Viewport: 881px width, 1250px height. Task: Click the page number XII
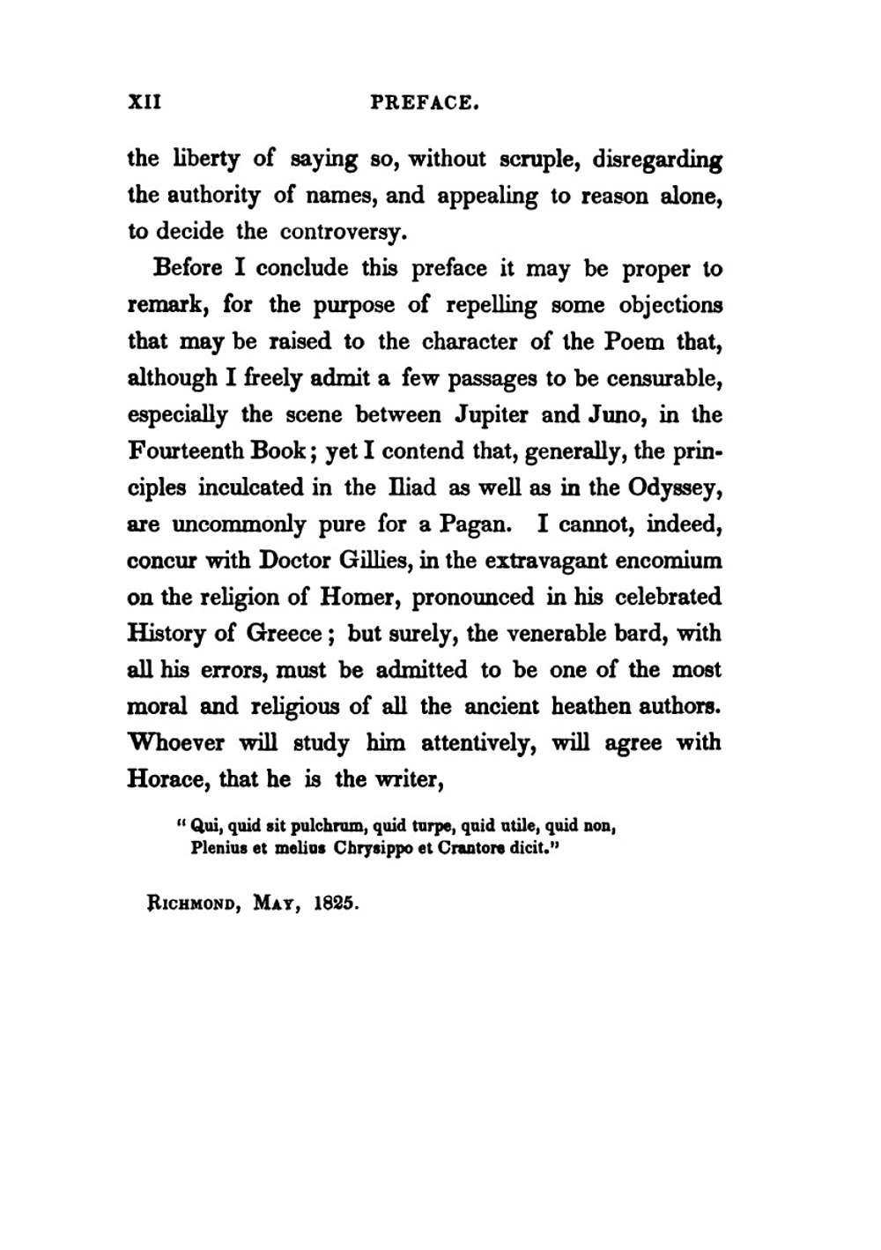point(144,102)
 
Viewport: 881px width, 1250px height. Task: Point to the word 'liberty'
point(201,160)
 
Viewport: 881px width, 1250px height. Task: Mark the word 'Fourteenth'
point(185,450)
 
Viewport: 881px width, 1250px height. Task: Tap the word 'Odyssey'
point(677,488)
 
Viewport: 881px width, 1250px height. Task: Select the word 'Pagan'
point(473,525)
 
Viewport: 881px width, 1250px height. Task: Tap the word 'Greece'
point(283,634)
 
